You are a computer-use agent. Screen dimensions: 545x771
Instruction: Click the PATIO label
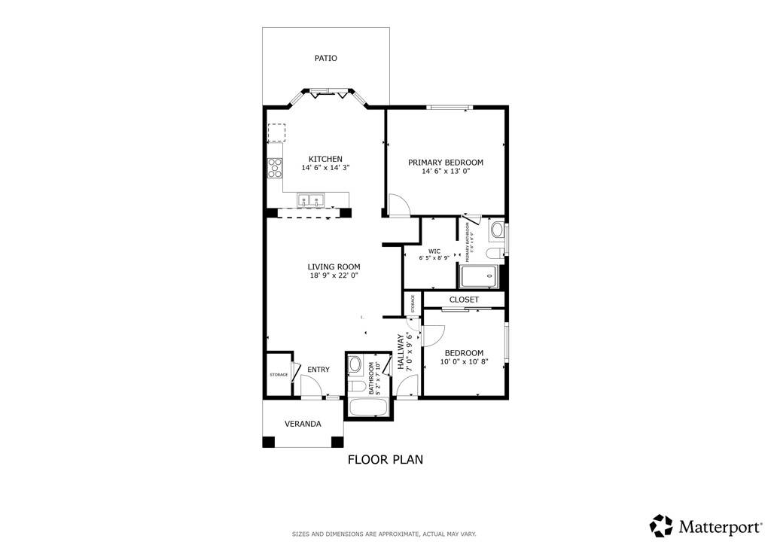pos(325,58)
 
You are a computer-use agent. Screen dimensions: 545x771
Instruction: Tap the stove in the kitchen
pos(275,169)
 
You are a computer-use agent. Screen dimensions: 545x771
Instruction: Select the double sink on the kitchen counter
pos(310,200)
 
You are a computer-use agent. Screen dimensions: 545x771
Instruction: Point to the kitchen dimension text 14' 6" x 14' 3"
pos(325,168)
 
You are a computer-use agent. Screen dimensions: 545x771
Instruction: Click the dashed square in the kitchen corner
pos(277,133)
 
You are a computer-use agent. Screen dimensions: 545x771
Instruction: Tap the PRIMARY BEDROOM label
pos(445,162)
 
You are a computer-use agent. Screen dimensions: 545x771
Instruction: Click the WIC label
pos(434,251)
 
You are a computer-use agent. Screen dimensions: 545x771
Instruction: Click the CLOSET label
pos(464,300)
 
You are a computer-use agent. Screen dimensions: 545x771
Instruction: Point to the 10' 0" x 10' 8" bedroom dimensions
pos(464,362)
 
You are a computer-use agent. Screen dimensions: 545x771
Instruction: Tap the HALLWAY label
pos(402,352)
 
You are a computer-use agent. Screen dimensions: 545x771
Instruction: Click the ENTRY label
pos(318,370)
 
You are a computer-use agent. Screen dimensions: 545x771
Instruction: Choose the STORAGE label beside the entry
pos(279,374)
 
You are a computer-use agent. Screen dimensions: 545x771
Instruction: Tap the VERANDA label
pos(303,424)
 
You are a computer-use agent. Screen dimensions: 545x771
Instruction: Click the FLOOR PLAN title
pos(385,459)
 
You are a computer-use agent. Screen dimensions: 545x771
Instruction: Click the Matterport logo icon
pos(661,525)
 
